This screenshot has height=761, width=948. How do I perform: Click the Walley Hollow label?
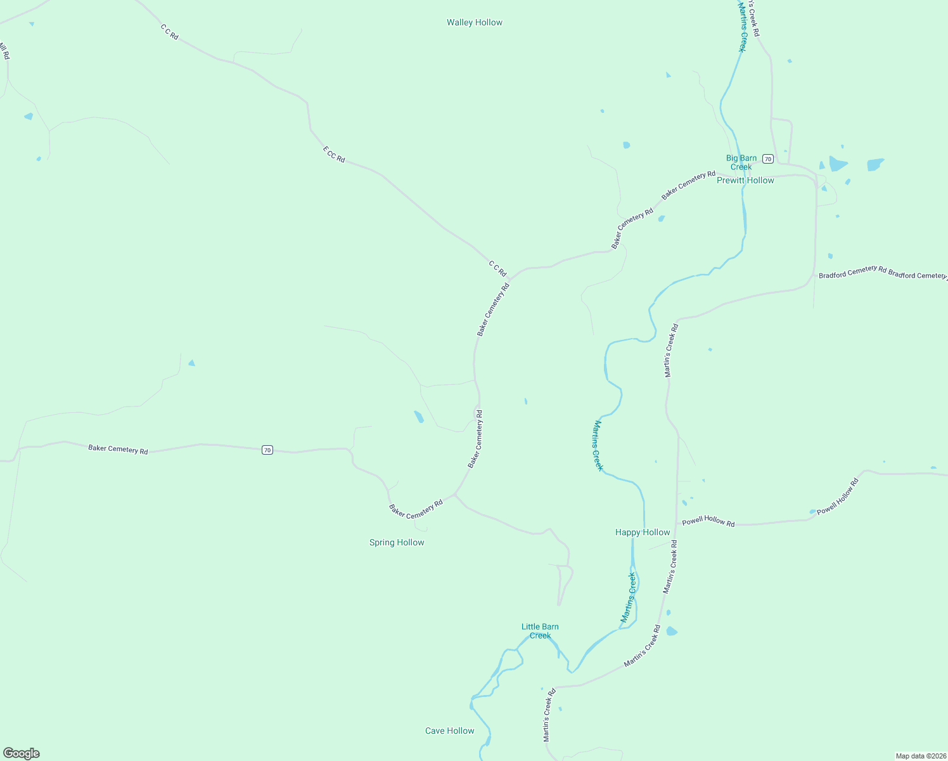pyautogui.click(x=474, y=23)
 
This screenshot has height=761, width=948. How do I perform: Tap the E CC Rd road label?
pyautogui.click(x=334, y=155)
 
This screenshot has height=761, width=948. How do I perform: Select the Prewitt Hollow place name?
pyautogui.click(x=745, y=181)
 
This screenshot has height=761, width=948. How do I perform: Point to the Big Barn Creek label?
pyautogui.click(x=741, y=162)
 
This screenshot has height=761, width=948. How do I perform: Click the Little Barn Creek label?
pyautogui.click(x=540, y=631)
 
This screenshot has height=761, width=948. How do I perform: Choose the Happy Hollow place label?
pyautogui.click(x=642, y=533)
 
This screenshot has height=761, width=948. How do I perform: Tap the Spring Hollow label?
pyautogui.click(x=397, y=543)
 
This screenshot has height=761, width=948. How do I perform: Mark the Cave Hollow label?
pyautogui.click(x=449, y=731)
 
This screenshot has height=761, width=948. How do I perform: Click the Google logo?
pyautogui.click(x=22, y=753)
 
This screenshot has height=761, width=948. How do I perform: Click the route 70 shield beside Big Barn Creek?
pyautogui.click(x=767, y=159)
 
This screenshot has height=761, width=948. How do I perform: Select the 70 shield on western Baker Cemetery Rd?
pyautogui.click(x=267, y=450)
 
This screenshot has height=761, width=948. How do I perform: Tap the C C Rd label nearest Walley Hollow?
pyautogui.click(x=169, y=32)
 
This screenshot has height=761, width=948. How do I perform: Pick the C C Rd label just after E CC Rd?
pyautogui.click(x=497, y=268)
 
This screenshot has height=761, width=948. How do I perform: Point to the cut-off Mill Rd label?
pyautogui.click(x=4, y=51)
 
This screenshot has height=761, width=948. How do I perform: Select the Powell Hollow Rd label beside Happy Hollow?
pyautogui.click(x=708, y=522)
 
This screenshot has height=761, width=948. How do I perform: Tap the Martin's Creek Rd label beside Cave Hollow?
pyautogui.click(x=549, y=715)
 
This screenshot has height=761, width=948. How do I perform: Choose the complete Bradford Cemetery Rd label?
pyautogui.click(x=852, y=271)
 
